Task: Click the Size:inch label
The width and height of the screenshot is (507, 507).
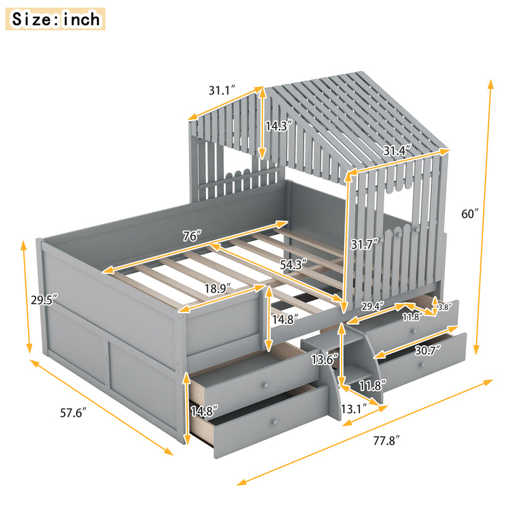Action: coord(56,19)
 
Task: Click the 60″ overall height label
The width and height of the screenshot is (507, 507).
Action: coord(470,214)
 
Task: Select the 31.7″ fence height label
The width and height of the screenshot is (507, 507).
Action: coord(364,242)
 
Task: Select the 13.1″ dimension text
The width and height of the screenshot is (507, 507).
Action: coord(354,409)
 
